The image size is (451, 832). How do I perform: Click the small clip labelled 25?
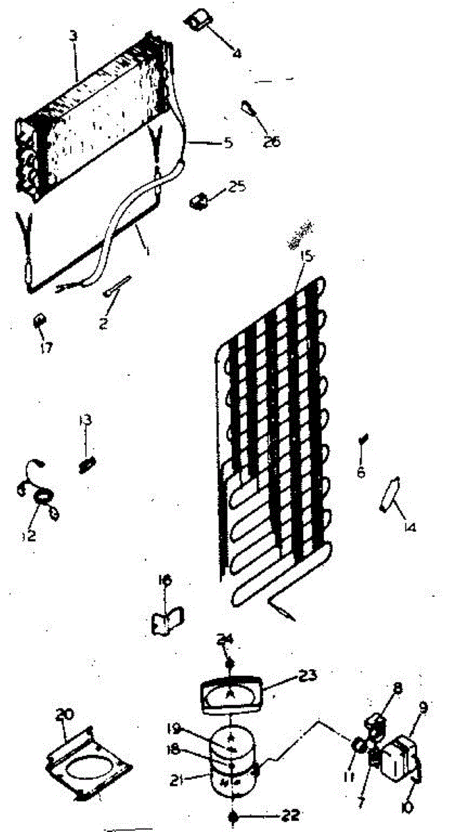tap(199, 200)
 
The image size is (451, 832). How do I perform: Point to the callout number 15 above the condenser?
tap(307, 257)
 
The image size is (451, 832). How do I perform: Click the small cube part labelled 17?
tap(40, 321)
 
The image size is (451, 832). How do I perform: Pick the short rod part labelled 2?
tap(116, 285)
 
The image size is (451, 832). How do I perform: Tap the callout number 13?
tap(85, 420)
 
